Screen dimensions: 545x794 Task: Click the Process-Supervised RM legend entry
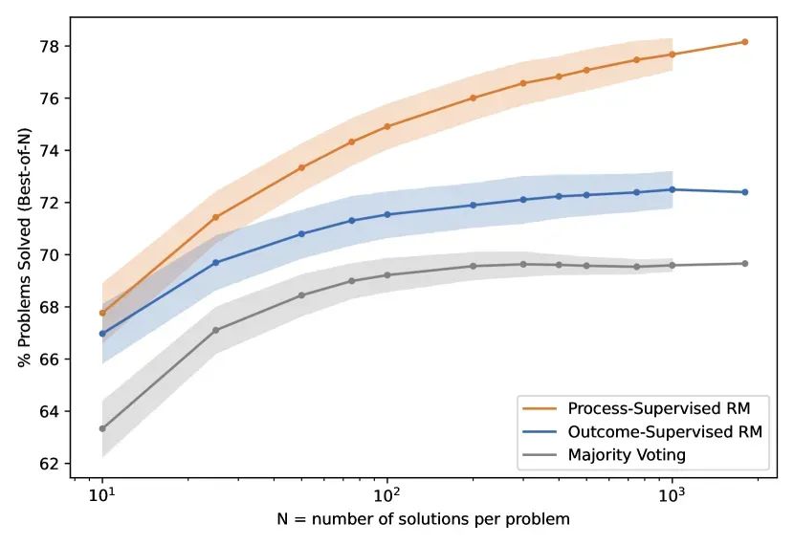[x=641, y=409]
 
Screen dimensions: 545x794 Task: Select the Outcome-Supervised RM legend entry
[x=641, y=432]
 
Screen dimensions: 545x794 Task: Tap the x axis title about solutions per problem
[x=422, y=521]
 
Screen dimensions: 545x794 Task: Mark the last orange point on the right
[x=744, y=42]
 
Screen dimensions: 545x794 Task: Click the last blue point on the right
[x=744, y=192]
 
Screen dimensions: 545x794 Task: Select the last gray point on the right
[x=744, y=264]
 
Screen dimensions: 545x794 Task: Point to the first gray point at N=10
[x=102, y=428]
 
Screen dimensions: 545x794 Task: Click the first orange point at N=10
[x=102, y=313]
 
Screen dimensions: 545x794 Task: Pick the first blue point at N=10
[x=102, y=334]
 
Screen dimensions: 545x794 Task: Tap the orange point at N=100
[x=387, y=126]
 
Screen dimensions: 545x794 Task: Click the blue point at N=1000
[x=673, y=189]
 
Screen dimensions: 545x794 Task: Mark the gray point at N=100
[x=387, y=275]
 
